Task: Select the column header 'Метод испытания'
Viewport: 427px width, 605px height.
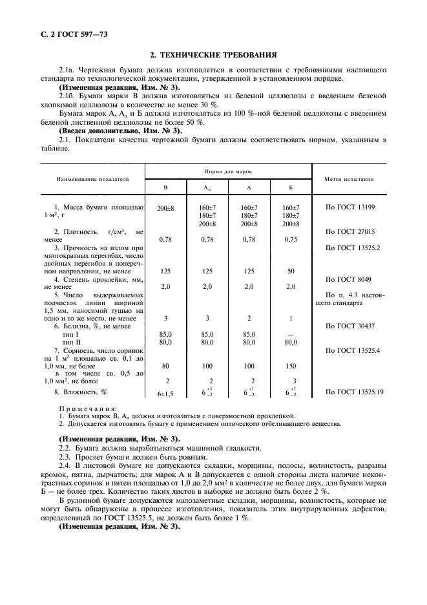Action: pos(350,179)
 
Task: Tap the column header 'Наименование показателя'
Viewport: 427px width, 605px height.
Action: pos(92,179)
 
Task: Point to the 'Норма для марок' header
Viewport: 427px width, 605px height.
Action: pos(227,172)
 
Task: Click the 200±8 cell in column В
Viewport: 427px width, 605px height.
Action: pos(165,207)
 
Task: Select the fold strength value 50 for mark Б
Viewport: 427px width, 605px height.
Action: pos(291,271)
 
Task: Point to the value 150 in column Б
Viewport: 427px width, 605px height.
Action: pos(291,365)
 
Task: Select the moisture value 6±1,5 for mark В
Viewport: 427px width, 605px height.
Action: pos(165,393)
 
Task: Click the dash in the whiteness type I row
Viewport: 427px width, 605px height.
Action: pos(291,334)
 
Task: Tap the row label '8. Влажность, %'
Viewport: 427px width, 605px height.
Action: pos(80,392)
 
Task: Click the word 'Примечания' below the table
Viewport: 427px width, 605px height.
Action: pos(87,408)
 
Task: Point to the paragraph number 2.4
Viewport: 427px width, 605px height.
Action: pos(65,465)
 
